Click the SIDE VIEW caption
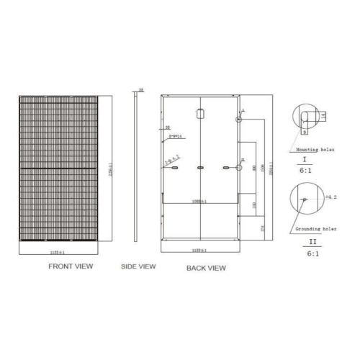(138, 266)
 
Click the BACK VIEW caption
(206, 267)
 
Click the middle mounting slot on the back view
(200, 167)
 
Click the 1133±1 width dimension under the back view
(199, 249)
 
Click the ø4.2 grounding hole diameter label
(330, 197)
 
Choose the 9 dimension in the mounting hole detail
(305, 132)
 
